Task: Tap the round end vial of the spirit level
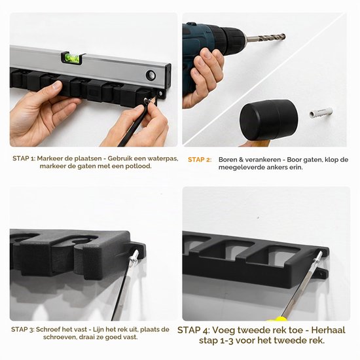[x=151, y=75]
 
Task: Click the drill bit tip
[x=284, y=37]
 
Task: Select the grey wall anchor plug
[x=321, y=113]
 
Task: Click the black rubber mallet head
[x=269, y=120]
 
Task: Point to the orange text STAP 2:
[x=200, y=160]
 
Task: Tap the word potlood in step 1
[x=139, y=166]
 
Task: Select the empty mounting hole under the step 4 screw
[x=321, y=274]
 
